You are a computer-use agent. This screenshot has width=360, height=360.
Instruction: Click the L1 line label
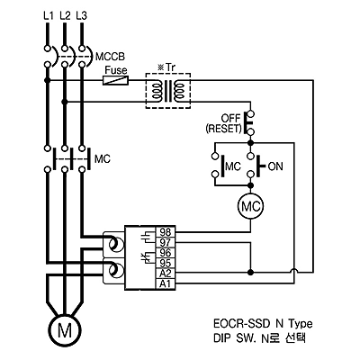click(48, 15)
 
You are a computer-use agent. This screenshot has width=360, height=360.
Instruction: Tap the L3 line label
click(81, 15)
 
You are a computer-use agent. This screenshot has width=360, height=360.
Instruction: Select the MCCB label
click(110, 57)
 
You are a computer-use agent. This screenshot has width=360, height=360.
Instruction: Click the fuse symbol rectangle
click(116, 80)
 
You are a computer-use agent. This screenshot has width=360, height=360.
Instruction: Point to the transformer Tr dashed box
click(168, 73)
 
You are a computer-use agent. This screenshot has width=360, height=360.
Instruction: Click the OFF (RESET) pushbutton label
click(224, 123)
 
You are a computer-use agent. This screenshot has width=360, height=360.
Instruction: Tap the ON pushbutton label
click(275, 166)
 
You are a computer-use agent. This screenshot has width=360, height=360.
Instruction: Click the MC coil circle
click(251, 207)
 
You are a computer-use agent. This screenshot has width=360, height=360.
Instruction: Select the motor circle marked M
click(65, 330)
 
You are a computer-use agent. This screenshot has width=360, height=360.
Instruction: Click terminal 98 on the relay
click(165, 232)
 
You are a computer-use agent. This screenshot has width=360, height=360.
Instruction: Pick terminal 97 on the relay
click(165, 242)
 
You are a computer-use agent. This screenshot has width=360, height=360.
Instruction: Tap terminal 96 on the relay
click(165, 253)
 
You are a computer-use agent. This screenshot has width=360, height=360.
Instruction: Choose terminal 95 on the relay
click(165, 263)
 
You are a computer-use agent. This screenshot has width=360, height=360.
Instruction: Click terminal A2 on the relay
click(165, 274)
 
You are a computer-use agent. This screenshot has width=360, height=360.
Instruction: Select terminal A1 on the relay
click(165, 283)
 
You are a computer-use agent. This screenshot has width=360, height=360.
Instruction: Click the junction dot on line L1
click(47, 80)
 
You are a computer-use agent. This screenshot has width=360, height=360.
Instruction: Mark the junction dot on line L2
click(64, 102)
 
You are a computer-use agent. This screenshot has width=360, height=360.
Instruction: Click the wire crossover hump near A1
click(294, 270)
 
